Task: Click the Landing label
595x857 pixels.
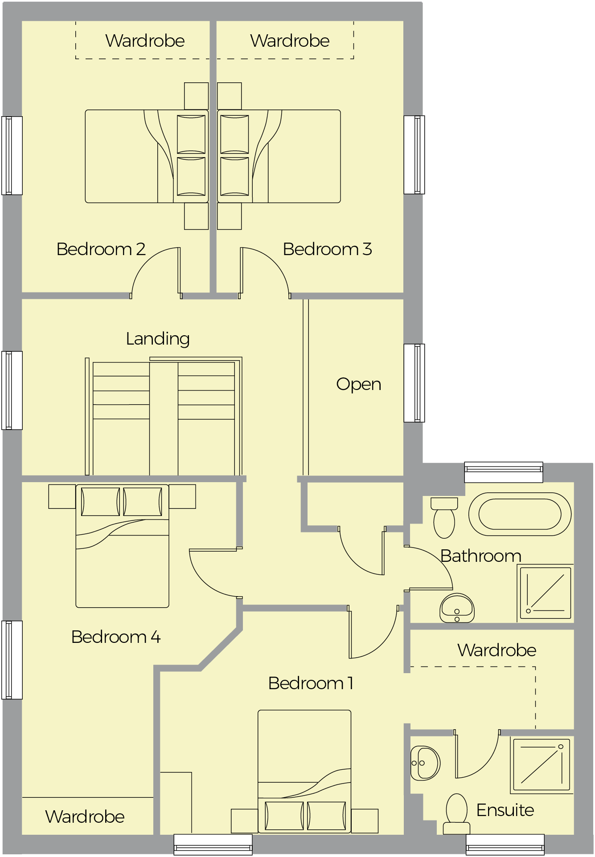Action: click(158, 339)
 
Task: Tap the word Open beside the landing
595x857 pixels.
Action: click(358, 384)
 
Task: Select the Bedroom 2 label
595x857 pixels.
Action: click(101, 249)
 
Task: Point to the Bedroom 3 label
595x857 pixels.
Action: click(327, 249)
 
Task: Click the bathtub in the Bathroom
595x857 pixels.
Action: click(520, 514)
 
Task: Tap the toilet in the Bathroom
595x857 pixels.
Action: click(444, 519)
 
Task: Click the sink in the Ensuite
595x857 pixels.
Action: click(424, 763)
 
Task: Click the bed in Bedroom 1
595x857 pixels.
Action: click(304, 770)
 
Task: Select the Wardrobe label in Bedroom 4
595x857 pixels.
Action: click(85, 817)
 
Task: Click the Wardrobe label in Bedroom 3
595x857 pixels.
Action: click(290, 41)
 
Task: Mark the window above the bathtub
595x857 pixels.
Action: click(504, 472)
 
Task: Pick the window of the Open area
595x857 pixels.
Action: click(414, 383)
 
